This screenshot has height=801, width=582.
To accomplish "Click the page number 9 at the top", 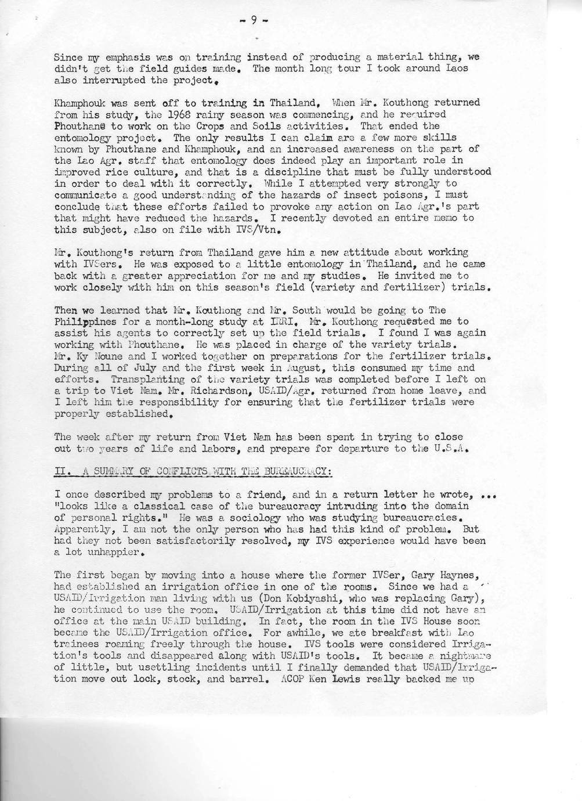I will [x=253, y=21].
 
